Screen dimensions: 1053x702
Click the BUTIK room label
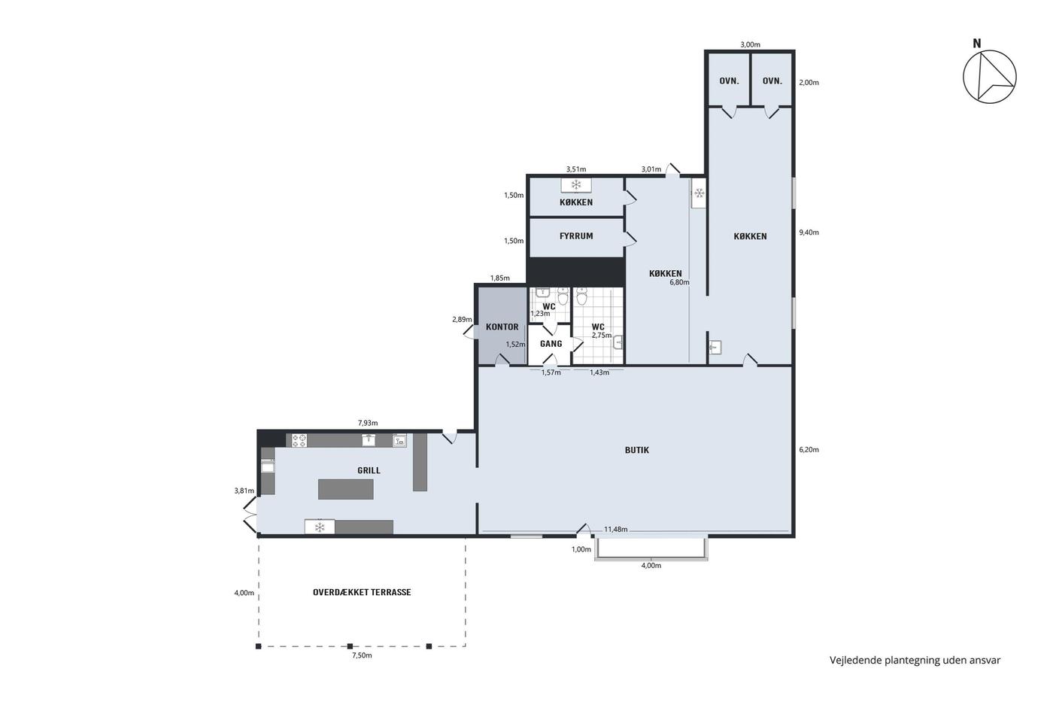[637, 450]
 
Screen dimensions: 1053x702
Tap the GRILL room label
[369, 470]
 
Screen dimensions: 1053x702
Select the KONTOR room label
[502, 327]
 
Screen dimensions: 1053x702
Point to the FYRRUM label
[576, 236]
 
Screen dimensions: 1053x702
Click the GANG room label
[551, 344]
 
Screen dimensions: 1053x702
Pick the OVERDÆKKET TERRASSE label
[362, 592]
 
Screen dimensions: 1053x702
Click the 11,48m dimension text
[616, 529]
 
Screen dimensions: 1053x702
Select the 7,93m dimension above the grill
[368, 423]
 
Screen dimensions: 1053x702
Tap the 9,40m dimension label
[809, 232]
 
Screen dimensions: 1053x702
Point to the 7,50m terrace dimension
[362, 655]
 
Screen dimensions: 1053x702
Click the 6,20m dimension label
[809, 449]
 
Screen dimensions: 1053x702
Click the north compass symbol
[990, 77]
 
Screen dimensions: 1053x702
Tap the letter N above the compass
[977, 43]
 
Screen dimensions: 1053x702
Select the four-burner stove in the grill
[299, 441]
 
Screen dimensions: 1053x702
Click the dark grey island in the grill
[346, 489]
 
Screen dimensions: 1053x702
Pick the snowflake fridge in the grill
[320, 527]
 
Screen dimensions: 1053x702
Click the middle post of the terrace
[350, 646]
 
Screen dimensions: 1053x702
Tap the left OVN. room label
[729, 81]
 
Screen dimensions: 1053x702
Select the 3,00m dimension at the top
[751, 44]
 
